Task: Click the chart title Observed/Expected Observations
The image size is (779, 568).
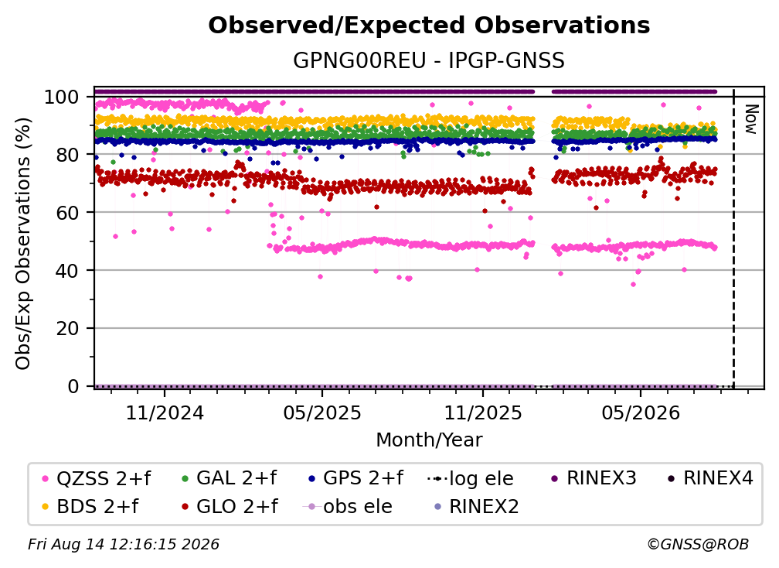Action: (429, 26)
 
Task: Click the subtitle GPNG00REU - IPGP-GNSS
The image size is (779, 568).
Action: (429, 60)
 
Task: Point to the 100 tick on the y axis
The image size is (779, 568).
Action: (62, 97)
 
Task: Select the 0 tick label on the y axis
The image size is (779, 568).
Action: (73, 386)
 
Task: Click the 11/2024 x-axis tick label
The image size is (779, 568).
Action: (165, 412)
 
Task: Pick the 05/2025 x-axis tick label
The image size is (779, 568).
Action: (322, 412)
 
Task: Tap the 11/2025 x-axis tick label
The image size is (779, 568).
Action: (483, 412)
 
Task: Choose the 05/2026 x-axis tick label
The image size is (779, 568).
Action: (641, 412)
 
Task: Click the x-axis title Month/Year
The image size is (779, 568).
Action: (429, 440)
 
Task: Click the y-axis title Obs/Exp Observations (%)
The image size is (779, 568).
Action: (23, 244)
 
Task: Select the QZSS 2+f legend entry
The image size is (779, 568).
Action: (97, 478)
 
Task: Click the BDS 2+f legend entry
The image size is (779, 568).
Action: (90, 506)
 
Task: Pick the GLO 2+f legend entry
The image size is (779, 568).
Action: (230, 506)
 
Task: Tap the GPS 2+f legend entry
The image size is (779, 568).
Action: (355, 478)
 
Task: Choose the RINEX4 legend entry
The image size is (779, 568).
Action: (710, 478)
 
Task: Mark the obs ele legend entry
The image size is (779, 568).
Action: (348, 506)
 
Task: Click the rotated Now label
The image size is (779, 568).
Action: (750, 119)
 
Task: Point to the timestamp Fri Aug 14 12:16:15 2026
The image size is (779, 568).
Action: (124, 545)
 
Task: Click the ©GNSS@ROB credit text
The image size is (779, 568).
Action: (698, 545)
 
